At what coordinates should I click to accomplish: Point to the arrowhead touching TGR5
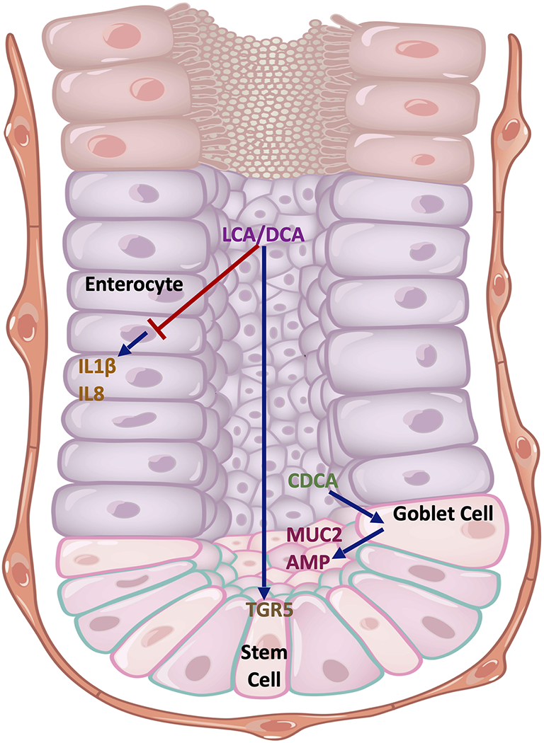click(x=263, y=594)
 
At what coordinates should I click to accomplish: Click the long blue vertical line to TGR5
click(x=263, y=425)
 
